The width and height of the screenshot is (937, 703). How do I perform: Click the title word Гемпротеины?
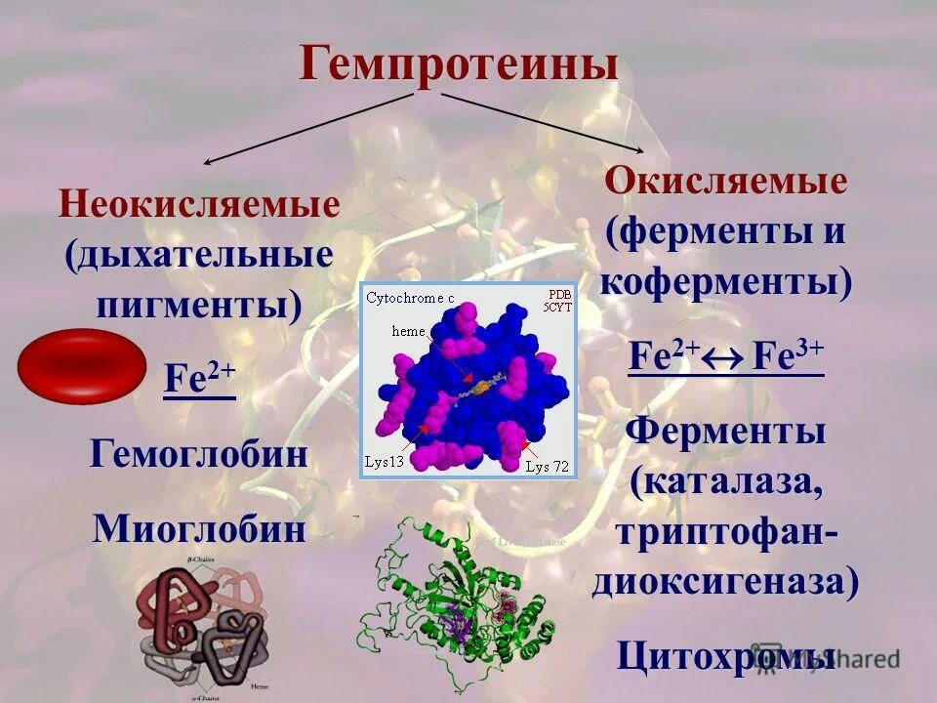(459, 63)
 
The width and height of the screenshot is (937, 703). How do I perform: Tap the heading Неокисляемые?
(199, 205)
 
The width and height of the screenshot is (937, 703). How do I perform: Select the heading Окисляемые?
(725, 181)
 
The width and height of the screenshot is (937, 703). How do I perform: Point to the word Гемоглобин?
(199, 454)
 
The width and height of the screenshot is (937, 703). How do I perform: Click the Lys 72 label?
(547, 466)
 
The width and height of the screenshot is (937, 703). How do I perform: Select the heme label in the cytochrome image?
(408, 331)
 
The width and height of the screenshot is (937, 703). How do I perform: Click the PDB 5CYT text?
(559, 301)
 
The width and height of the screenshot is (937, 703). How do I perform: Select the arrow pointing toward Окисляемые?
(542, 123)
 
